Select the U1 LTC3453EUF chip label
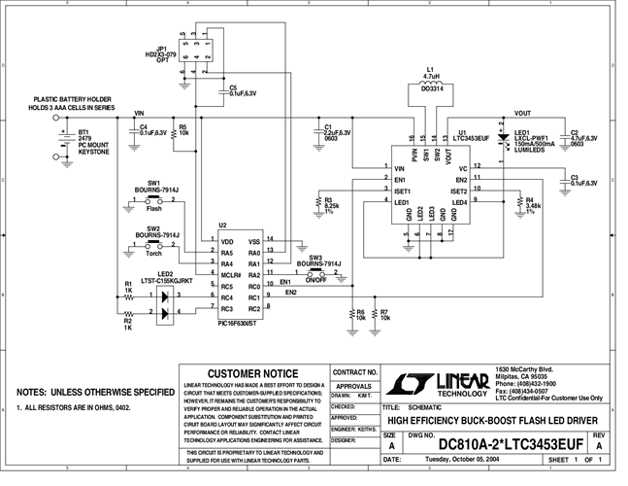(x=471, y=136)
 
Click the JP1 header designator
(x=161, y=46)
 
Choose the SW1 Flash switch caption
(x=154, y=208)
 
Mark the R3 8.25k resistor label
(x=330, y=206)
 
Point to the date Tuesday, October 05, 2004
(x=452, y=459)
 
